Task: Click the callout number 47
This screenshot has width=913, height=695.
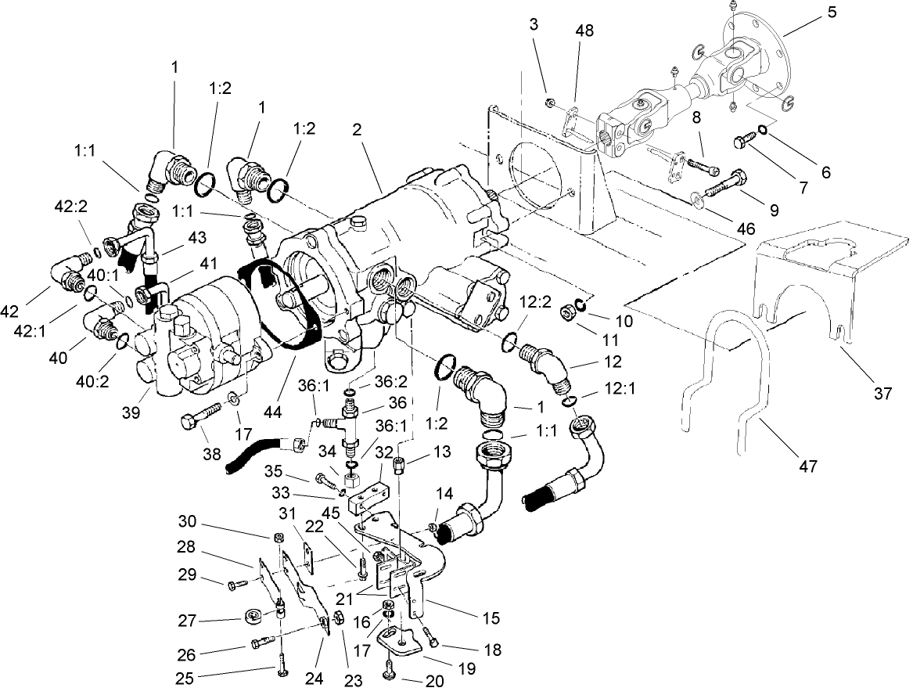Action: (x=808, y=466)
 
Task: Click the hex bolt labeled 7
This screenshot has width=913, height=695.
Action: (x=742, y=143)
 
